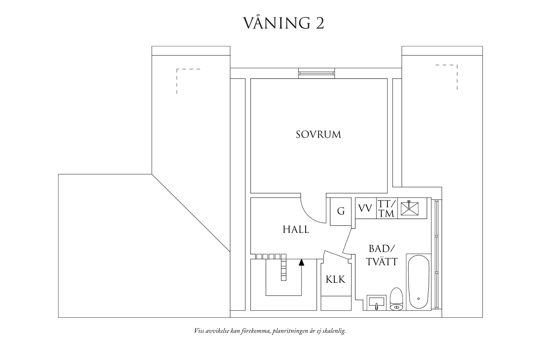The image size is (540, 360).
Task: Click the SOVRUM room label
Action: [318, 134]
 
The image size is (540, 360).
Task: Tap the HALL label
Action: [296, 230]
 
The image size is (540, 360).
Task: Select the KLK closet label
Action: [336, 279]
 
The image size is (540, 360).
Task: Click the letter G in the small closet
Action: [341, 211]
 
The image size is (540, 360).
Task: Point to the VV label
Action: [365, 209]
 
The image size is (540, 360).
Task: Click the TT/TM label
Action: [386, 209]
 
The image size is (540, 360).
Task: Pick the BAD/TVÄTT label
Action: [382, 255]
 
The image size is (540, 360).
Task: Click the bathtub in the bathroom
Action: [418, 282]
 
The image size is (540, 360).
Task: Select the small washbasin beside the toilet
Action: [376, 303]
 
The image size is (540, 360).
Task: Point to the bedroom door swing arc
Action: [309, 214]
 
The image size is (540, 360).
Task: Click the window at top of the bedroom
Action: [316, 73]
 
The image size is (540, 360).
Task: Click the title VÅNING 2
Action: [284, 23]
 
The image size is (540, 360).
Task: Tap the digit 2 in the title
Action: [320, 24]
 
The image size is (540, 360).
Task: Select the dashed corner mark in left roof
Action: [182, 76]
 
